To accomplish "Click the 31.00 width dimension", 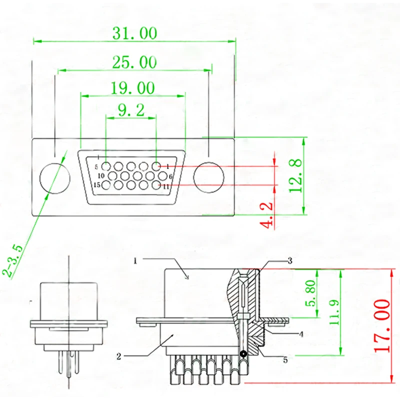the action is (134, 33).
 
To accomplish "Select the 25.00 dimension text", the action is (134, 62).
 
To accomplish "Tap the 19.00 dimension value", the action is (132, 88).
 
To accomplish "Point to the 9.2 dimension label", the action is (131, 110).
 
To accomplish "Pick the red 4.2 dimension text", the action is (266, 215).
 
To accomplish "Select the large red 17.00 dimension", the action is (382, 326).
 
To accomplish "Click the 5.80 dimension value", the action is (310, 293).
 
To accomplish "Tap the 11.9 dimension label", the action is (334, 312).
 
